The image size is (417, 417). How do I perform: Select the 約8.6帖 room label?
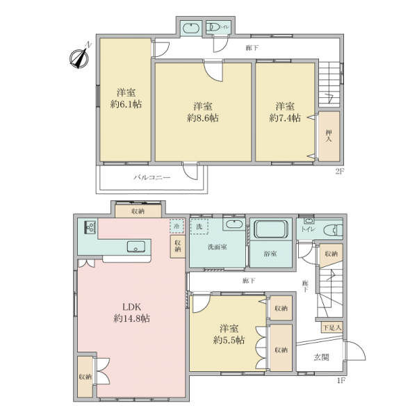tap(203, 112)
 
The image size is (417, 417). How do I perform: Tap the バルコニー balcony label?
tap(152, 179)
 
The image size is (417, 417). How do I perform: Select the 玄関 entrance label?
tap(320, 358)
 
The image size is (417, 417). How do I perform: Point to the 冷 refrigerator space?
tap(177, 227)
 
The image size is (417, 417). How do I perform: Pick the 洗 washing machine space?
tap(199, 227)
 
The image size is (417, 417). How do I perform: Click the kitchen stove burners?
tap(90, 227)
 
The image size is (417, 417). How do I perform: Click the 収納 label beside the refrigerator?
tap(178, 245)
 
